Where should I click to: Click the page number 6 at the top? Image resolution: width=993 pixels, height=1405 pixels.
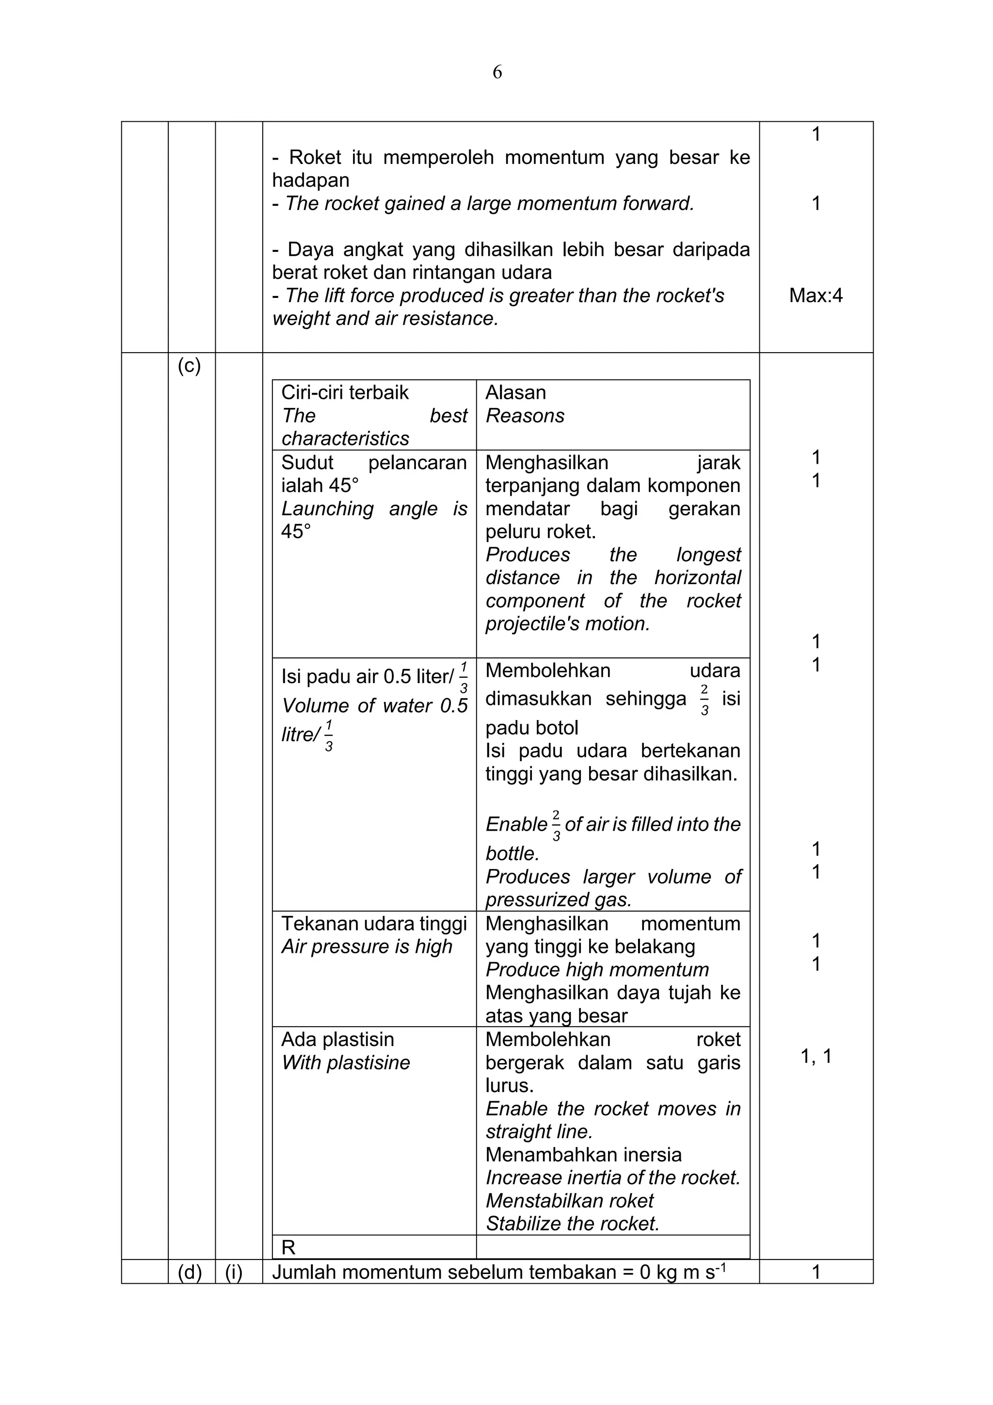coord(497,72)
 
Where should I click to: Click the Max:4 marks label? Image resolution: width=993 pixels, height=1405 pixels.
coord(816,295)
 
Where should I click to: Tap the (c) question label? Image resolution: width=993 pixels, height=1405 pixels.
coord(189,366)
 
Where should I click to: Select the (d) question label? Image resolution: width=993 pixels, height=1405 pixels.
coord(189,1272)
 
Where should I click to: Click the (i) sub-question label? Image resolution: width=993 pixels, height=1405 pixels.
coord(234,1272)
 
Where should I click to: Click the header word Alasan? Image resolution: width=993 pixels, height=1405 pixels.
coord(515,392)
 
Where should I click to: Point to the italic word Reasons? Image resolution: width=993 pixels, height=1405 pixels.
coord(525,415)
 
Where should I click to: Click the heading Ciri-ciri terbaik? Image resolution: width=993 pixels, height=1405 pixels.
coord(344,392)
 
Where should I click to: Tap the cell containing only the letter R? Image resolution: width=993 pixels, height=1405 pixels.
coord(288,1247)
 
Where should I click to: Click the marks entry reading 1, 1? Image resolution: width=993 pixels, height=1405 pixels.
coord(816,1056)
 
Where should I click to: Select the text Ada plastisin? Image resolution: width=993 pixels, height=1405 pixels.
coord(337,1040)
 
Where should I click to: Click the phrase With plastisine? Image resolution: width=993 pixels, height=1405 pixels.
coord(346,1063)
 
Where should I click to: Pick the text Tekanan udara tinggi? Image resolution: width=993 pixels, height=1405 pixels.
coord(374,923)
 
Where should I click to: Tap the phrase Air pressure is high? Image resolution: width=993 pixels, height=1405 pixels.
coord(366,947)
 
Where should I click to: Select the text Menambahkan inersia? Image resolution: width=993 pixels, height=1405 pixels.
coord(583,1154)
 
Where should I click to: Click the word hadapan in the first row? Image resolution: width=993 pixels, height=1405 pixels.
coord(311,180)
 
